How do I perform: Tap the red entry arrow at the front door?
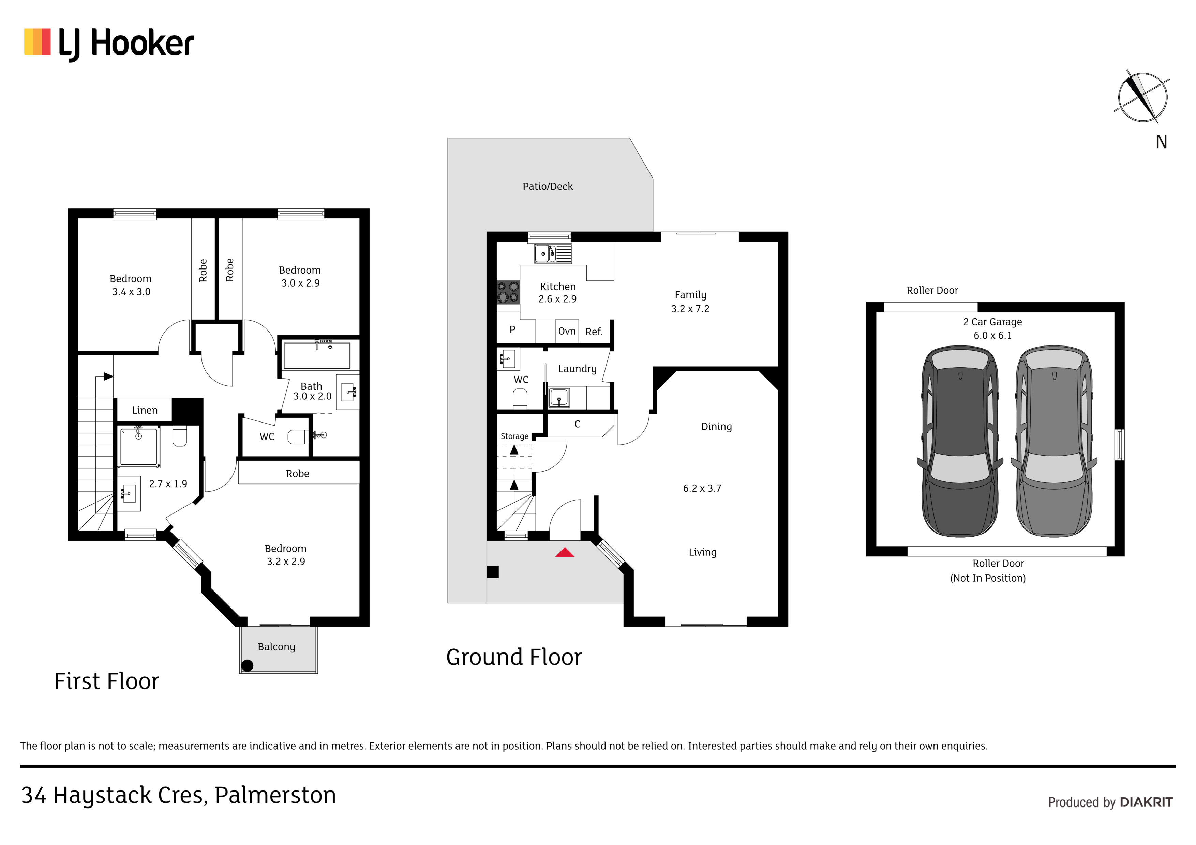pyautogui.click(x=565, y=552)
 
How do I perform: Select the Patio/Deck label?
pyautogui.click(x=548, y=186)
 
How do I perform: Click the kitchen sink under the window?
pyautogui.click(x=553, y=253)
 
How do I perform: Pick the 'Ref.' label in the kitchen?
pyautogui.click(x=594, y=332)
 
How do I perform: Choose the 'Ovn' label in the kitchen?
pyautogui.click(x=567, y=331)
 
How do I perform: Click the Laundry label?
pyautogui.click(x=577, y=369)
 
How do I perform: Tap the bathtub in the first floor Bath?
pyautogui.click(x=317, y=356)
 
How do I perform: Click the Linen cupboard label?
pyautogui.click(x=145, y=410)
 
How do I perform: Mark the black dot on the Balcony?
pyautogui.click(x=248, y=665)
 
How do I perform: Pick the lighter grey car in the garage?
pyautogui.click(x=1054, y=441)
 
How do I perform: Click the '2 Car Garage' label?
pyautogui.click(x=992, y=322)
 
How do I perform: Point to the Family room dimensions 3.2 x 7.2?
pyautogui.click(x=690, y=309)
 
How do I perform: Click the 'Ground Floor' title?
pyautogui.click(x=513, y=657)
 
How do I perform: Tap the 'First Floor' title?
pyautogui.click(x=106, y=681)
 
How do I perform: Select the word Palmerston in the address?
pyautogui.click(x=275, y=795)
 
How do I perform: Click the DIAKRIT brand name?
pyautogui.click(x=1146, y=802)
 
